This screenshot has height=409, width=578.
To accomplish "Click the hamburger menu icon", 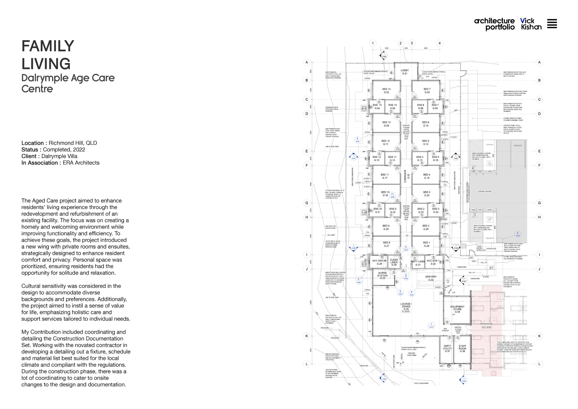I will point(552,24).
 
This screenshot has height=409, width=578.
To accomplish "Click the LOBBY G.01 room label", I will point(405,72).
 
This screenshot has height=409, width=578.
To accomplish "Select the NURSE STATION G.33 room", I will point(382,276).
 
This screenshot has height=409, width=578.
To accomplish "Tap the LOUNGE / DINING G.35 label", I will point(406,306).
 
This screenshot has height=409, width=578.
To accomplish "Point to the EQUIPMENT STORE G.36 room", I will point(457,309).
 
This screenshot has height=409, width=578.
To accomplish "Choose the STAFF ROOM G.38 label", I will point(462,348).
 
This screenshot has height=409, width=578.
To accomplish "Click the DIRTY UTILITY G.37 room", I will point(447,348).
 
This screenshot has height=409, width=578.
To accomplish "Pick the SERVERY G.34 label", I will point(431,278).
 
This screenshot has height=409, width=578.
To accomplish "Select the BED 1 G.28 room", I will point(426,244).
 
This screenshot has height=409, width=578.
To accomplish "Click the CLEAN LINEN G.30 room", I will point(394,262).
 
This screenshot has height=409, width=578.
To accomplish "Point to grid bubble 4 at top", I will point(440,43).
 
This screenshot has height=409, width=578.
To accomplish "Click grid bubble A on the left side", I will point(307,62).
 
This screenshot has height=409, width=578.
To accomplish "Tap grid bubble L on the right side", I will point(539,364).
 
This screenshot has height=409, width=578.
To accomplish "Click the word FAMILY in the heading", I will point(48,46).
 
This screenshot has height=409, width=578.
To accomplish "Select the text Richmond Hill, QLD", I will point(73,143).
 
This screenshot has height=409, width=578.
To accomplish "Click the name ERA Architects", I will point(81,163).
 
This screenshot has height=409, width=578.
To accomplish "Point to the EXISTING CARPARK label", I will point(485,192).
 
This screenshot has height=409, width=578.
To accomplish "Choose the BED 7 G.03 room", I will point(427,91).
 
